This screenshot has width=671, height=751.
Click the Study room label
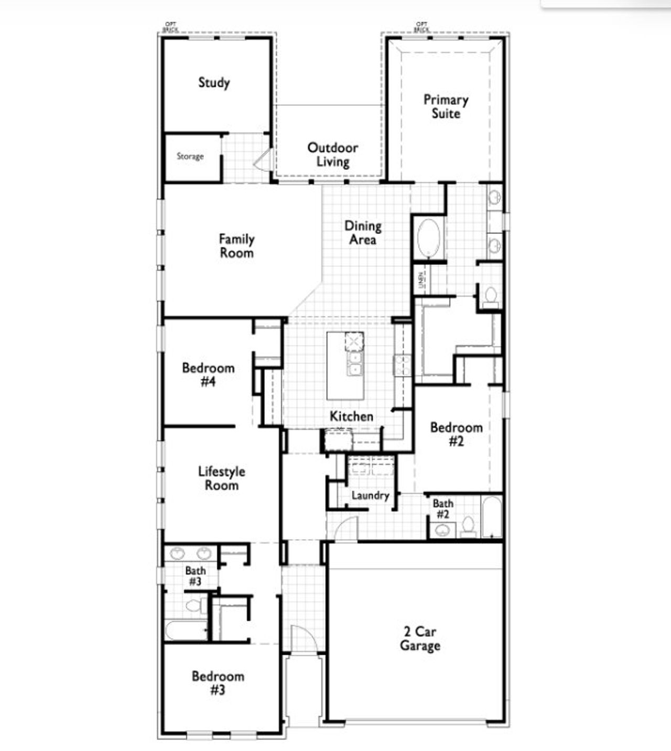[x=214, y=82]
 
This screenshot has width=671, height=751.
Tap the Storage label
[x=190, y=156]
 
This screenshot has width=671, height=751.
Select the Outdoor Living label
[x=333, y=155]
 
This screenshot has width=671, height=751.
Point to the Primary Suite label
[x=446, y=106]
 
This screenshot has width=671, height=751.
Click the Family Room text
[x=236, y=246]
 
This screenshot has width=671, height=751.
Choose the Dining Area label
[x=363, y=233]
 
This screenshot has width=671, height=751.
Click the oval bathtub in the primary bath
[x=429, y=239]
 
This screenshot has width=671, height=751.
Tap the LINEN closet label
[x=421, y=280]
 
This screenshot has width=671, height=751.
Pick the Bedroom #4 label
[x=208, y=374]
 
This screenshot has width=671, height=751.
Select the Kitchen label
[x=351, y=416]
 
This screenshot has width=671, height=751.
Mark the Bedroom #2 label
[x=456, y=434]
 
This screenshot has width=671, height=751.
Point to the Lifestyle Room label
[x=221, y=478]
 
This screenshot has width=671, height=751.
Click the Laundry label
[x=370, y=496]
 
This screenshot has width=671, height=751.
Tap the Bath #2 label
[x=443, y=509]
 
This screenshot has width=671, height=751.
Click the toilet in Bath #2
[x=468, y=526]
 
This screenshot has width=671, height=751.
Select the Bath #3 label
[x=196, y=576]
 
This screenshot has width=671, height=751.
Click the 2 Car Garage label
[x=420, y=639]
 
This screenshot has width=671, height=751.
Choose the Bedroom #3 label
[x=218, y=683]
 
